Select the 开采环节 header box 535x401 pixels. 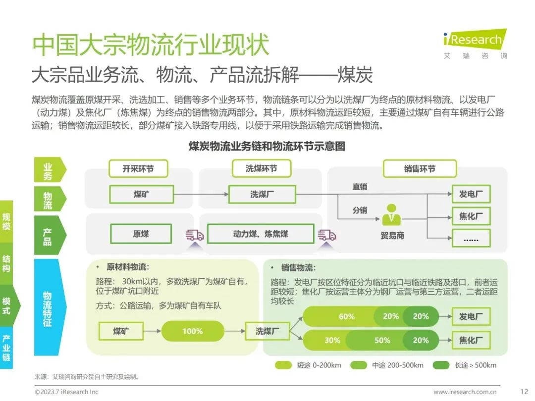coord(138,169)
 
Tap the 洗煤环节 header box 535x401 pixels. coord(261,169)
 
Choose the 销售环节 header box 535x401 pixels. coord(420,169)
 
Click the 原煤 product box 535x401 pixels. coord(141,234)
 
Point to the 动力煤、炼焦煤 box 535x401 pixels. coord(261,234)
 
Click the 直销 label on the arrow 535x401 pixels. coord(360,187)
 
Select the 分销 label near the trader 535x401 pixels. coord(360,210)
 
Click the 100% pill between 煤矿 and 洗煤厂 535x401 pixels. coord(192,331)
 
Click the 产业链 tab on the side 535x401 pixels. coord(6,348)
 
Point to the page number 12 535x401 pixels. coord(524,392)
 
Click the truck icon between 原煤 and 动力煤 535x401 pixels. coord(194,235)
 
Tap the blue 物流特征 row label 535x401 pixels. coord(48,307)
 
